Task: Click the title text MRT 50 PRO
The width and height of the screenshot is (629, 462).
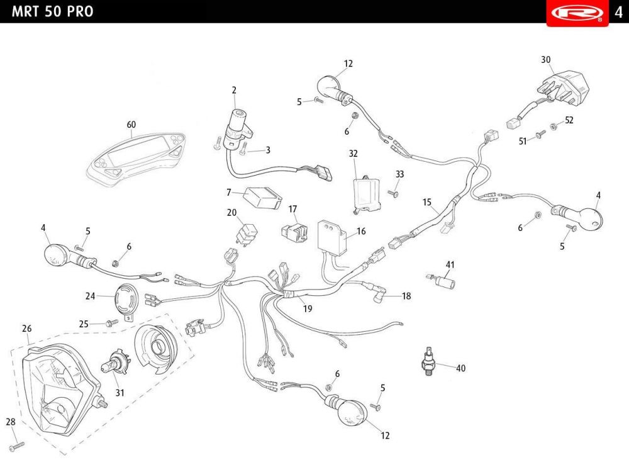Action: [x=53, y=11]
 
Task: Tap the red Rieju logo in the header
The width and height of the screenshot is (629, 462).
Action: [x=577, y=13]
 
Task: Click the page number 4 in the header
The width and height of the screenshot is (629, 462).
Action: [x=618, y=12]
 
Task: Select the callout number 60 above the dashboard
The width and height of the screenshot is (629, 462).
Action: [x=131, y=125]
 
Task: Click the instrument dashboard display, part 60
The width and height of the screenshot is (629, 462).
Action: [x=136, y=159]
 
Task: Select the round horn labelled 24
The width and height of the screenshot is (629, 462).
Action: [x=127, y=301]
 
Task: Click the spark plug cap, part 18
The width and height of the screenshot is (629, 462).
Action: [x=379, y=293]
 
